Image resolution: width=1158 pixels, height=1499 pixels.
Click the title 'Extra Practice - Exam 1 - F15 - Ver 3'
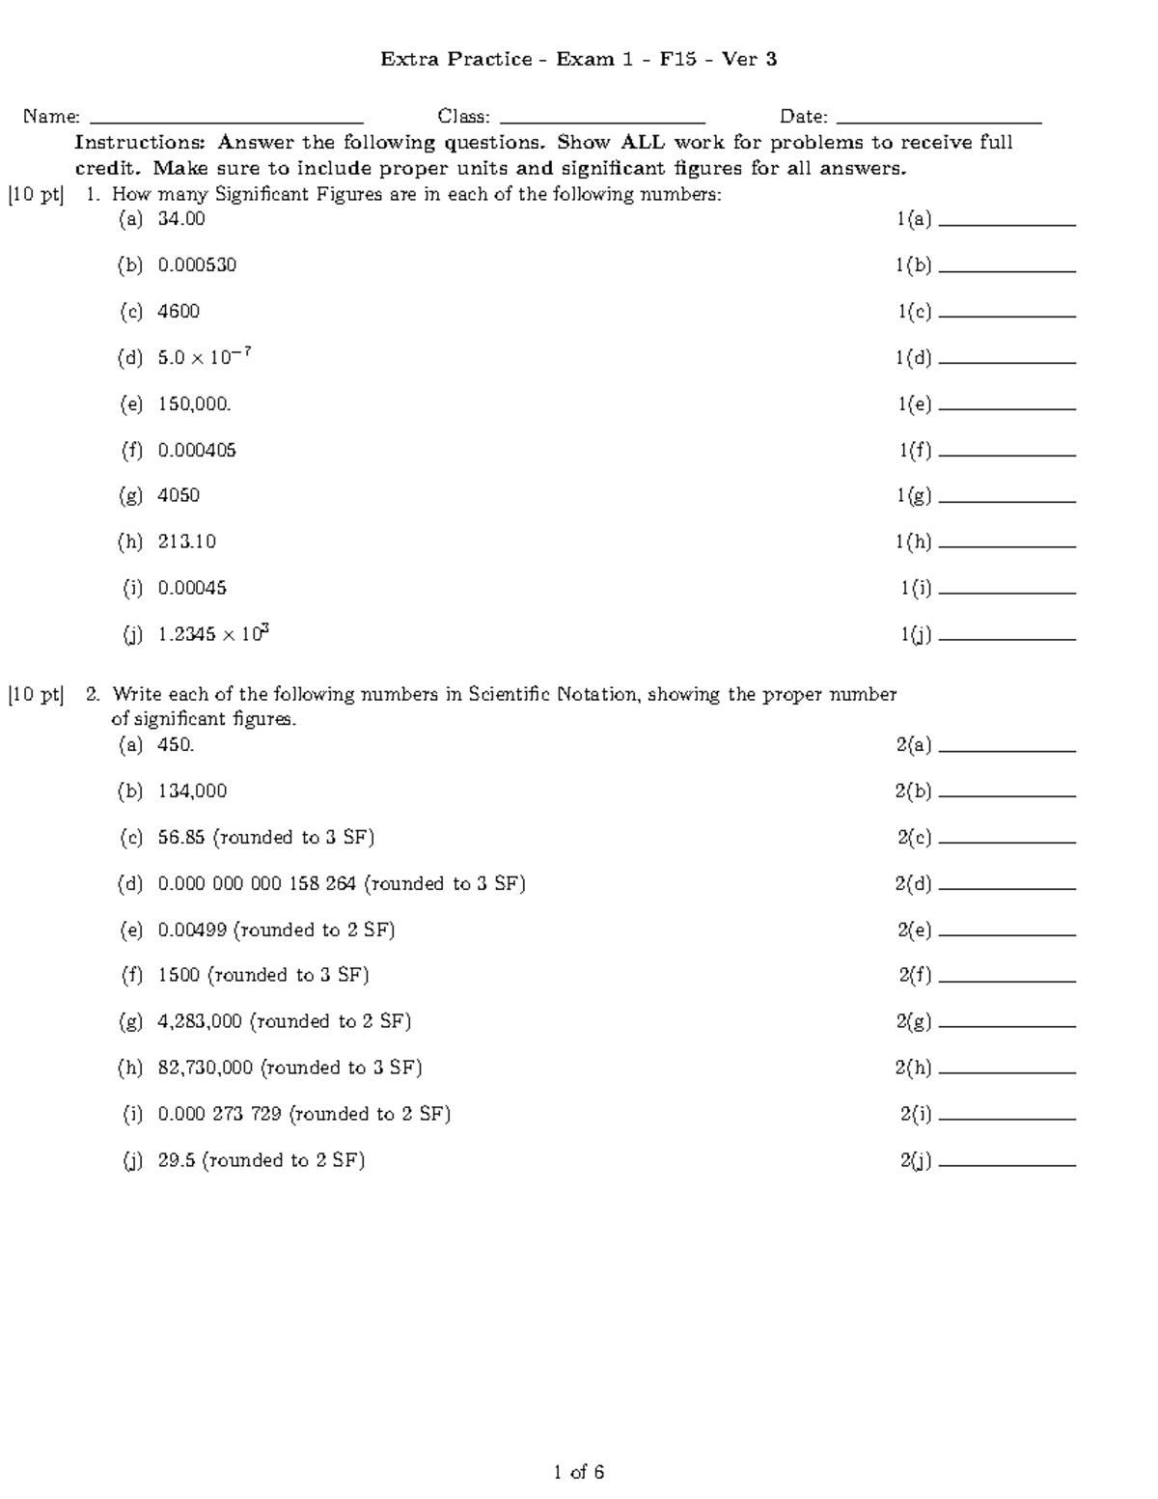578,60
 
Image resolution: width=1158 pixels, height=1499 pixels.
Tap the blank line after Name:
226,122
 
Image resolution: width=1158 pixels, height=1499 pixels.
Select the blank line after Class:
602,122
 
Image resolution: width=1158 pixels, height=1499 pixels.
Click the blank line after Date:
939,122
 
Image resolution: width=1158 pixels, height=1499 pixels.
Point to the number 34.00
181,219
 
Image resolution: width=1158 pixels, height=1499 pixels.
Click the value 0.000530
197,265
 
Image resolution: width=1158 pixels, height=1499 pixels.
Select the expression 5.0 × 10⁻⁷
205,357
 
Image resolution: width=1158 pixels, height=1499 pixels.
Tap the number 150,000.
194,404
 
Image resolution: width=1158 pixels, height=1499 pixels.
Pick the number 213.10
187,542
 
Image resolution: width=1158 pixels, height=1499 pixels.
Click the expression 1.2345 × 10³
213,634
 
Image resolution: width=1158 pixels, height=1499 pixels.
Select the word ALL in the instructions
642,143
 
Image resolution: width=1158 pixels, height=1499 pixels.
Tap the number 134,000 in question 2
192,791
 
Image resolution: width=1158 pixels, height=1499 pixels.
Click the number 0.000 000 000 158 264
257,884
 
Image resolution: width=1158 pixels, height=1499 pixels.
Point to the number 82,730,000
205,1068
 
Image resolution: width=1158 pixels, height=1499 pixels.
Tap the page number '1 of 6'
579,1472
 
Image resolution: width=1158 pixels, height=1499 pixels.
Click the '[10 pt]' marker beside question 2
36,695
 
